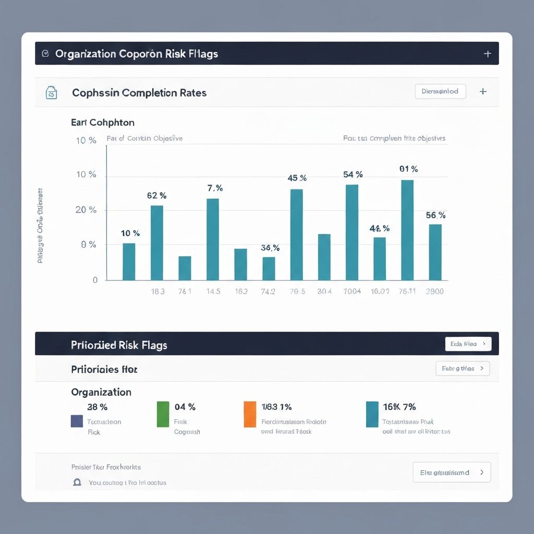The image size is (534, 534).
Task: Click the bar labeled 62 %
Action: pos(156,243)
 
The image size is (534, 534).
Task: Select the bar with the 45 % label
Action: pos(296,235)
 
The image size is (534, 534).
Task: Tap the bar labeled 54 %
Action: pos(352,233)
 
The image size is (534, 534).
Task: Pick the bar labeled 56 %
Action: pos(435,252)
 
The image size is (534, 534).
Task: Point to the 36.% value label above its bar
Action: pos(270,248)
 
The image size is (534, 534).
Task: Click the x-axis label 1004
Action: pos(352,292)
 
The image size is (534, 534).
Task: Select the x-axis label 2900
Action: pos(434,292)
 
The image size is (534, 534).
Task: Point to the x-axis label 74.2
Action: pos(268,292)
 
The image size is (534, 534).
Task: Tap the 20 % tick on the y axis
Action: pos(86,210)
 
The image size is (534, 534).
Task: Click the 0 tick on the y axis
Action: pos(95,280)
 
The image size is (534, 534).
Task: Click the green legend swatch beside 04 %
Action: pos(163,414)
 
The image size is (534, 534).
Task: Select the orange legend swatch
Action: pos(250,414)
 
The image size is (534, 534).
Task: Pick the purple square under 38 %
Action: pos(77,421)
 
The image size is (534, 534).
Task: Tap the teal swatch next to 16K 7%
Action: pos(372,414)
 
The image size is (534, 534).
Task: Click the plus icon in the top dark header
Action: pos(488,54)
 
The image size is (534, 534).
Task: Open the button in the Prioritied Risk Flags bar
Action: pos(468,344)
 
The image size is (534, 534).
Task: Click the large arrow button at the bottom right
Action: pos(452,472)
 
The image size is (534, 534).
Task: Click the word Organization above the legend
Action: pos(101,392)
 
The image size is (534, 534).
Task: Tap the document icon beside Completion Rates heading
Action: pos(51,93)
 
